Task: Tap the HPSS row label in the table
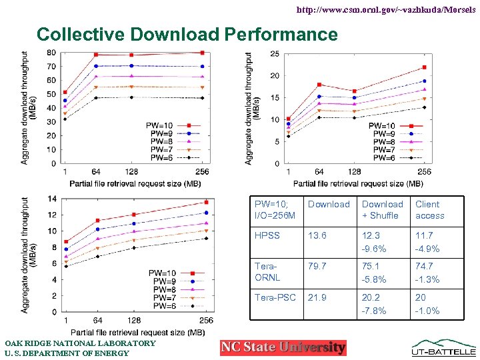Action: pos(267,235)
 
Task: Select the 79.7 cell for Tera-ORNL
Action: pos(317,267)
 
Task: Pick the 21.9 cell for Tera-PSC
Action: pos(317,297)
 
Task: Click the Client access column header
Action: pos(429,210)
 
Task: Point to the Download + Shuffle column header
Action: pos(382,210)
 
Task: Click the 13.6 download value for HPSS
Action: pos(317,235)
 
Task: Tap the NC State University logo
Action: pos(283,347)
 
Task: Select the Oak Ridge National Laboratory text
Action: pos(80,343)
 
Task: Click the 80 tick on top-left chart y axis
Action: pos(51,53)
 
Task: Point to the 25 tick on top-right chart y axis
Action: pos(275,54)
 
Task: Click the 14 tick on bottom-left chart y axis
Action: pos(51,199)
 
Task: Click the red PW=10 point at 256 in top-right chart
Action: pos(424,67)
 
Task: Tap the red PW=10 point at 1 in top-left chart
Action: pos(65,92)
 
